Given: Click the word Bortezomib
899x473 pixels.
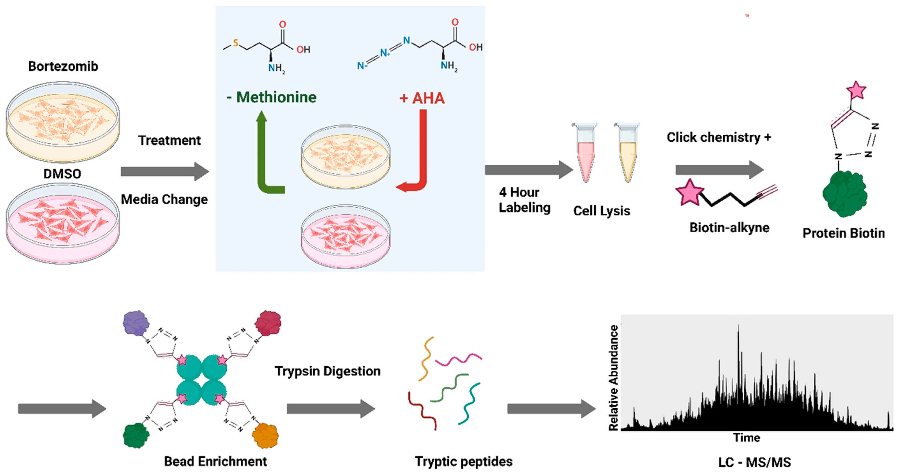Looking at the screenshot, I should (x=63, y=66).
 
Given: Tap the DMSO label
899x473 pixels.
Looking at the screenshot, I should (x=62, y=173).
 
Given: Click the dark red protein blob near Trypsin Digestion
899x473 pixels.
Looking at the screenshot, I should (x=268, y=323).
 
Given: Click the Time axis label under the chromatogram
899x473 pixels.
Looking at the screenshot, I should (x=746, y=437).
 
